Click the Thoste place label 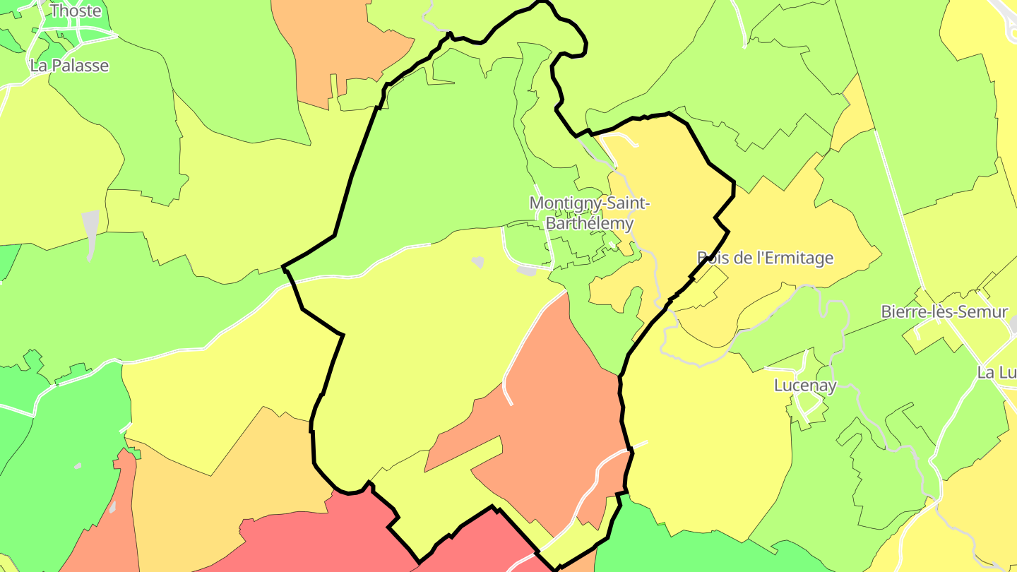pos(76,11)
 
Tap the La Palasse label pos(69,66)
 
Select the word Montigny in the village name pos(561,203)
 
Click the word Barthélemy pos(588,223)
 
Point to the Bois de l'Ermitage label pos(765,258)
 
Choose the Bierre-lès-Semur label pos(944,311)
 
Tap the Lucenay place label pos(805,386)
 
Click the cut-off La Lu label pos(997,372)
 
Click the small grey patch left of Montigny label pos(478,262)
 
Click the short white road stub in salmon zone pos(507,392)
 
